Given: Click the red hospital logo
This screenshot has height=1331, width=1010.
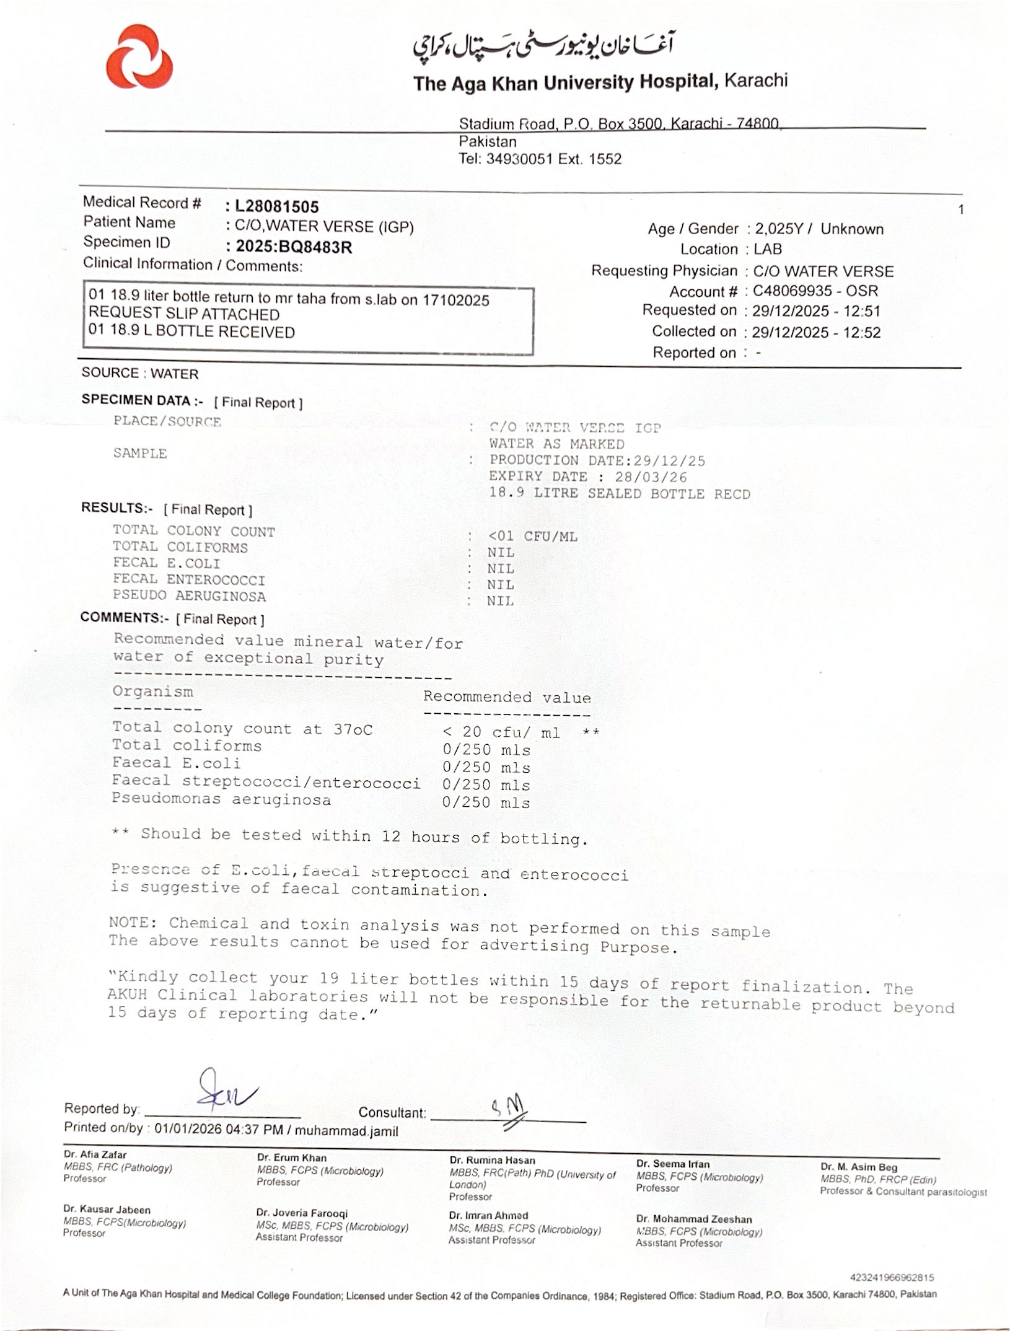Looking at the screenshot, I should pos(139,57).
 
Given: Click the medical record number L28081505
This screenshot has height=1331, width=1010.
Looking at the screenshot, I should pos(276,207).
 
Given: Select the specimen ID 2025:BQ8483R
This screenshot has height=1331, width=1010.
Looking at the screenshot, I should pos(294,247).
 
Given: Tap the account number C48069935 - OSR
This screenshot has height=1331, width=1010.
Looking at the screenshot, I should pos(815,291).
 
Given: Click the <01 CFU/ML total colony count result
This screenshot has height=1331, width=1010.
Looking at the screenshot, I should pos(533,537).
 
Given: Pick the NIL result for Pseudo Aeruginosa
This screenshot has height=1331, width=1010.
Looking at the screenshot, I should pos(500,601).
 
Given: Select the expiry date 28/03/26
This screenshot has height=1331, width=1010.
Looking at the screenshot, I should pos(651,477).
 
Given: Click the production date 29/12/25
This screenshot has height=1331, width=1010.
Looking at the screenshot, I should pos(669,461).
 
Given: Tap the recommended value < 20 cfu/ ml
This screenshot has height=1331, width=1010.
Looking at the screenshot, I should pos(502,733).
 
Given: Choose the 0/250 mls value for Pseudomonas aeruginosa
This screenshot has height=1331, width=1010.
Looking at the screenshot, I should pos(486,803).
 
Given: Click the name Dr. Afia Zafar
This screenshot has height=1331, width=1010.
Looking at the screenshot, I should pos(95,1155).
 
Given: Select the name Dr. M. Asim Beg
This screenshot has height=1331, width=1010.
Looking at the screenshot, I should pos(859,1167).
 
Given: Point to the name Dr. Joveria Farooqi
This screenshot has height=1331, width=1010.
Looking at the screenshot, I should pos(302,1213).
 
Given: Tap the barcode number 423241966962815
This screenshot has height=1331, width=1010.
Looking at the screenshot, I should pos(892,1277).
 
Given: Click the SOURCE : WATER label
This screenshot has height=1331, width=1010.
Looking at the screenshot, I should pos(140,374).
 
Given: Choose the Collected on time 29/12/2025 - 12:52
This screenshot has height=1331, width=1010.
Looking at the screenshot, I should pos(816,333).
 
